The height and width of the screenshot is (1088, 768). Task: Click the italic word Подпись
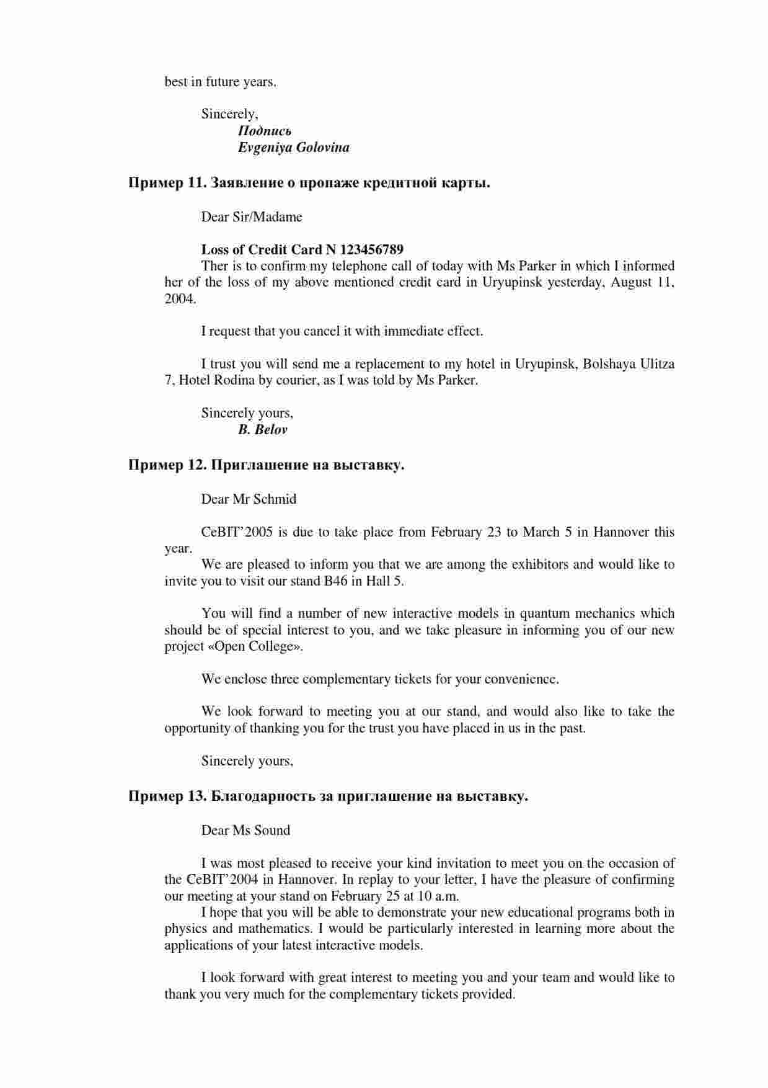click(x=265, y=131)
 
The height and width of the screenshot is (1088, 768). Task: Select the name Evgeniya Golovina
click(x=293, y=148)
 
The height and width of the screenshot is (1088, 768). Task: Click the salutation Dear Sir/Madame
click(x=252, y=217)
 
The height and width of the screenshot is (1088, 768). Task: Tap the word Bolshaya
click(x=609, y=364)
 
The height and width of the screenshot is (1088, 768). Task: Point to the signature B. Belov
click(x=263, y=430)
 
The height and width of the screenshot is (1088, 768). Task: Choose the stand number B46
click(x=335, y=581)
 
